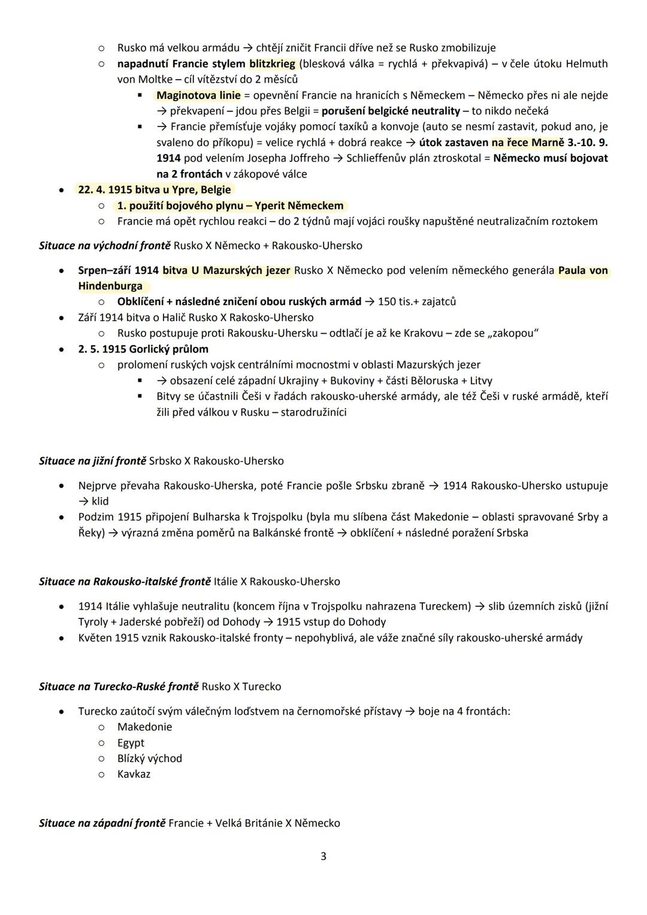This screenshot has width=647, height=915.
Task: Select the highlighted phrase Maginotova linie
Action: click(198, 95)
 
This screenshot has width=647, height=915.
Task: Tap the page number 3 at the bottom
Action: click(323, 856)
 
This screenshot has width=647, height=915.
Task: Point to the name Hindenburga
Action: click(110, 286)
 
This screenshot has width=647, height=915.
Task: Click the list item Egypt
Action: click(131, 742)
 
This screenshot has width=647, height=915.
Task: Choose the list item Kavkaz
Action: click(134, 774)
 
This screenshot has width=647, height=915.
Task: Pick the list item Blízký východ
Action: click(149, 758)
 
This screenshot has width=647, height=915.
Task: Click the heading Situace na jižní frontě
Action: click(92, 461)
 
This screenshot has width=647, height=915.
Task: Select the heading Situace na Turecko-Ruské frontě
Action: click(118, 686)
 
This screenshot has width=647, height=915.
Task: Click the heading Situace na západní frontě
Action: click(102, 823)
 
